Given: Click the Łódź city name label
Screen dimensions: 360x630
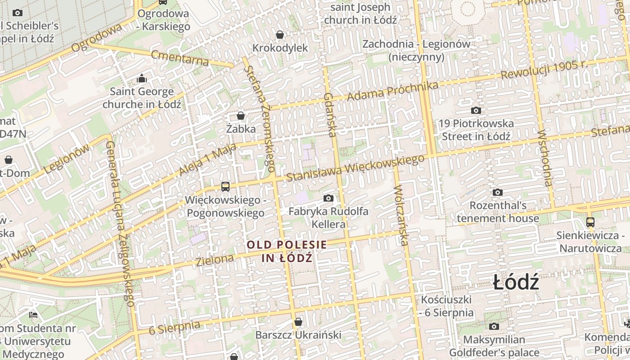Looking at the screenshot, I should click(x=516, y=283).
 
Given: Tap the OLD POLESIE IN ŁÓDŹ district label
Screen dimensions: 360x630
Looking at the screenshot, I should click(x=287, y=251).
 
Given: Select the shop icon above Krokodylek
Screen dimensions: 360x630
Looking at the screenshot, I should click(x=280, y=35).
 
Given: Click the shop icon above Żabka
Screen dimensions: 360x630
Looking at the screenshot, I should click(x=241, y=116).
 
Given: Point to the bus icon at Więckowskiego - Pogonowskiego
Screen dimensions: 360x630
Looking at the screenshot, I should click(x=225, y=186).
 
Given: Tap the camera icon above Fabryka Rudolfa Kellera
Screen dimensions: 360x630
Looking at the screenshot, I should click(x=328, y=198).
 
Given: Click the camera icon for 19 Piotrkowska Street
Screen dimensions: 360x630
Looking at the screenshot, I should click(x=476, y=110).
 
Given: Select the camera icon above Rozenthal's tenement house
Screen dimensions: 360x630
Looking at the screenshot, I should click(x=497, y=193).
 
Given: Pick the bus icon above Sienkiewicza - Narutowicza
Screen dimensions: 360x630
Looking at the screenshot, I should click(x=590, y=222).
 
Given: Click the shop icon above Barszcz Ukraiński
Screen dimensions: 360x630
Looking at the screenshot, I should click(x=298, y=322).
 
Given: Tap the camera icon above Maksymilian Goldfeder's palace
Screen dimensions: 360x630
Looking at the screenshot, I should click(x=494, y=326).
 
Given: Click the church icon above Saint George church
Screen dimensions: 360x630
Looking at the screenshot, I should click(x=142, y=79).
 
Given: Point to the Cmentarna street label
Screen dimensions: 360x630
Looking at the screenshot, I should click(x=180, y=58).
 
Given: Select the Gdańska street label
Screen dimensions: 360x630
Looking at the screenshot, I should click(x=330, y=114).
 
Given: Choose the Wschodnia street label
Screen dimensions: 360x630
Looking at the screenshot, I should click(x=544, y=158).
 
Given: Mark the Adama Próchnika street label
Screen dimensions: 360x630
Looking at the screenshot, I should click(x=392, y=91).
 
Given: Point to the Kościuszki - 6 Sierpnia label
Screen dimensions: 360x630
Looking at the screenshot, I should click(x=446, y=306).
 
